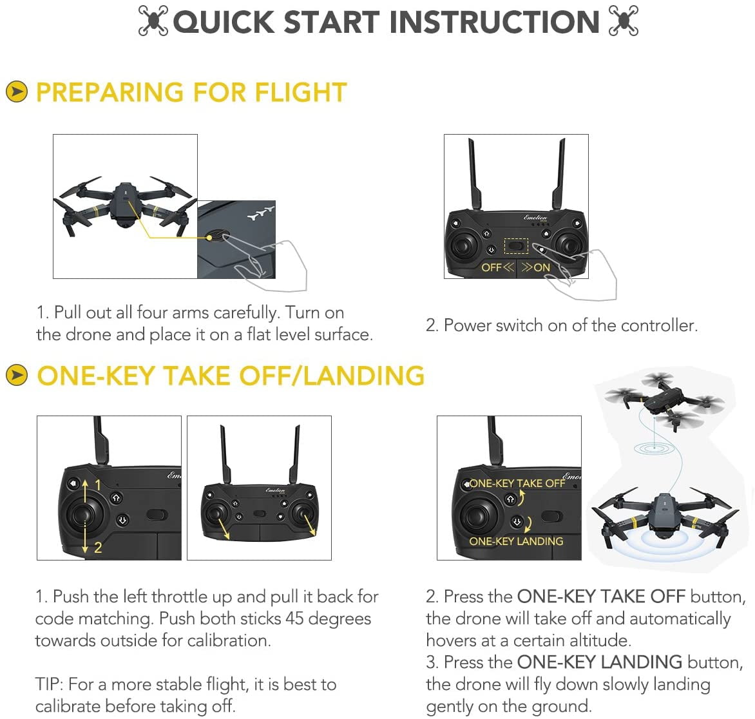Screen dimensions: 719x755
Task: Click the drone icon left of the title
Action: (153, 22)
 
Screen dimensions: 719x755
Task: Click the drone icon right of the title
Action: (624, 22)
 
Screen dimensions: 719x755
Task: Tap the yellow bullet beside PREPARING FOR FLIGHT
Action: (17, 92)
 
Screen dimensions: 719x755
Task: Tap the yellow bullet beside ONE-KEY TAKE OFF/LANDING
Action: (17, 376)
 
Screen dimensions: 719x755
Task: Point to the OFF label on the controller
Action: (491, 267)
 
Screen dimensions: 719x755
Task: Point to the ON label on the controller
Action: (542, 267)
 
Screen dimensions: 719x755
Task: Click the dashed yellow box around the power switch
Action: (515, 245)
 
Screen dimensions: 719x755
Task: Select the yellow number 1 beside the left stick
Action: (98, 484)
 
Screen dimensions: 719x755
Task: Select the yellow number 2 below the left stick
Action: (98, 548)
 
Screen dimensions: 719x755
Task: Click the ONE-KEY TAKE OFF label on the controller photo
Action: (517, 483)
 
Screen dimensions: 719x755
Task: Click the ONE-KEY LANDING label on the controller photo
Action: (516, 541)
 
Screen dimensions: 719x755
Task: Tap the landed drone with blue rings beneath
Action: (664, 519)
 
